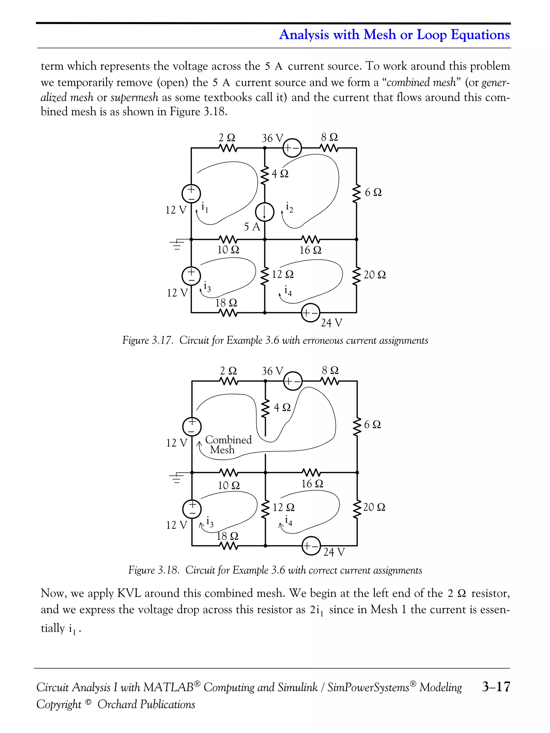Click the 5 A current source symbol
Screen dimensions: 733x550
[264, 212]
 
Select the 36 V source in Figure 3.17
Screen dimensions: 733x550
[292, 148]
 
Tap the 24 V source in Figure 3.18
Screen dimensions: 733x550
[311, 546]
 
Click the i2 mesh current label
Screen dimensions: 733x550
[289, 207]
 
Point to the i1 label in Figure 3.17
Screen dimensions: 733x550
[205, 208]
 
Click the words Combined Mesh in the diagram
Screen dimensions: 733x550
[228, 444]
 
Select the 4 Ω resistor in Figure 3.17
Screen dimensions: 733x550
[265, 176]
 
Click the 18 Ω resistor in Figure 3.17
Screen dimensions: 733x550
[228, 312]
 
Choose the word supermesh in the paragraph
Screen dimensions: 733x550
[134, 97]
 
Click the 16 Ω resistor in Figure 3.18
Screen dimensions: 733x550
[311, 473]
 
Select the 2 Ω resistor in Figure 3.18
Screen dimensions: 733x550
[229, 381]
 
